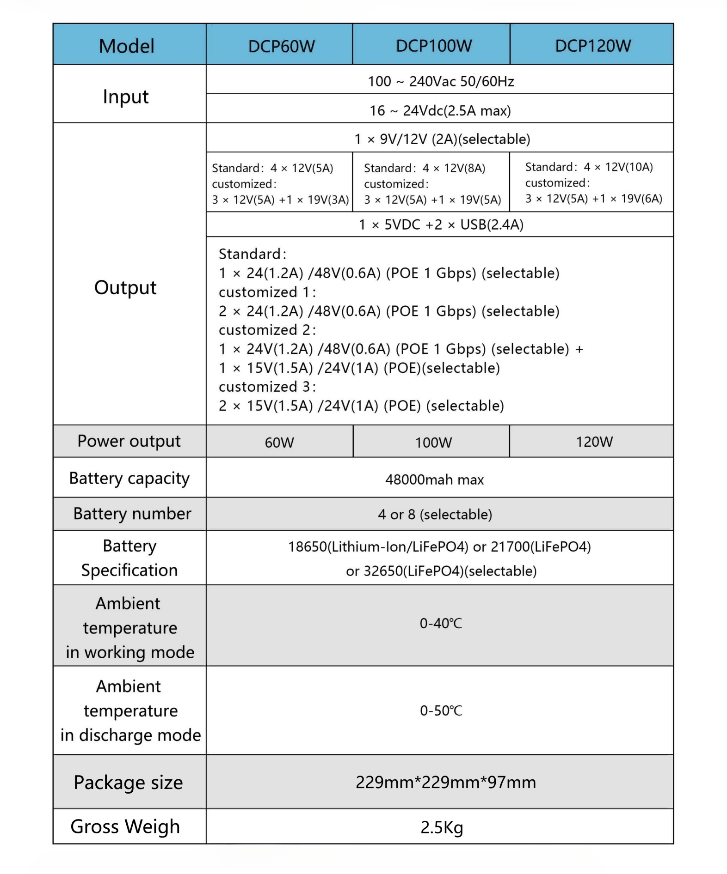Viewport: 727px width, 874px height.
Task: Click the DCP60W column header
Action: [281, 46]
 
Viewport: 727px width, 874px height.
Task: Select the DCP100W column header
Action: [433, 46]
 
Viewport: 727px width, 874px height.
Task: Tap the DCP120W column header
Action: [592, 46]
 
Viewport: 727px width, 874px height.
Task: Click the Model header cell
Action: [126, 46]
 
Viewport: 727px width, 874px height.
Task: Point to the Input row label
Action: [126, 97]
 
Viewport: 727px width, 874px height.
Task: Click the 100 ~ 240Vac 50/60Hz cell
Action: [440, 81]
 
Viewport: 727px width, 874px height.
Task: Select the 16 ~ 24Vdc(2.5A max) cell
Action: [440, 110]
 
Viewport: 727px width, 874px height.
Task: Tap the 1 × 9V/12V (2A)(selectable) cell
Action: [442, 139]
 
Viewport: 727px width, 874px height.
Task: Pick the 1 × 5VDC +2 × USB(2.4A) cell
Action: [441, 225]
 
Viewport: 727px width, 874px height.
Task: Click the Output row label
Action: [125, 287]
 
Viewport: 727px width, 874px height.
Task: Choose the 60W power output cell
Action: [279, 442]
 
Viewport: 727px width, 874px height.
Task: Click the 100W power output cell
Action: [433, 442]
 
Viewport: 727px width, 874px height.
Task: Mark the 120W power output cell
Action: [594, 442]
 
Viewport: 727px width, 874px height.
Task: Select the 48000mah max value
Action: [434, 479]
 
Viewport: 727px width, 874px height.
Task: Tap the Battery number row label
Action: [132, 514]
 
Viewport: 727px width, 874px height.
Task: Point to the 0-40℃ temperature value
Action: [440, 623]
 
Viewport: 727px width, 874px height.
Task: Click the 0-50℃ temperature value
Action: [440, 710]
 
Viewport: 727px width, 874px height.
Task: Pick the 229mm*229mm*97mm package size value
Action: [445, 782]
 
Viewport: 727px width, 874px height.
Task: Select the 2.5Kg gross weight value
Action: [441, 827]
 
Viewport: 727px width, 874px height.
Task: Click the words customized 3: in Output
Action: [267, 387]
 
